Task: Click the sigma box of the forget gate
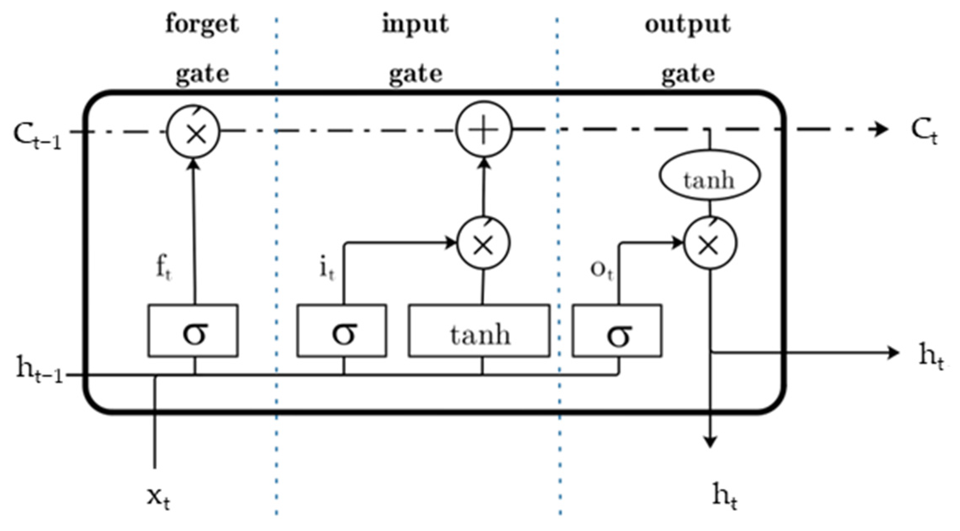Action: (193, 330)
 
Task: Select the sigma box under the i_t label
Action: (342, 330)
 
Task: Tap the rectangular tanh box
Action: (479, 330)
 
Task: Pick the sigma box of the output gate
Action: (617, 330)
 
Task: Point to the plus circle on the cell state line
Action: (484, 130)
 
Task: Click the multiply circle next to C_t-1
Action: (193, 132)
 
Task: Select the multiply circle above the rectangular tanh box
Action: (484, 243)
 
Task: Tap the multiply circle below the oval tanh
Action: (710, 243)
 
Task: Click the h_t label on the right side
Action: (931, 355)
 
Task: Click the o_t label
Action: (602, 270)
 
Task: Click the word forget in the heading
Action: (202, 24)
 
